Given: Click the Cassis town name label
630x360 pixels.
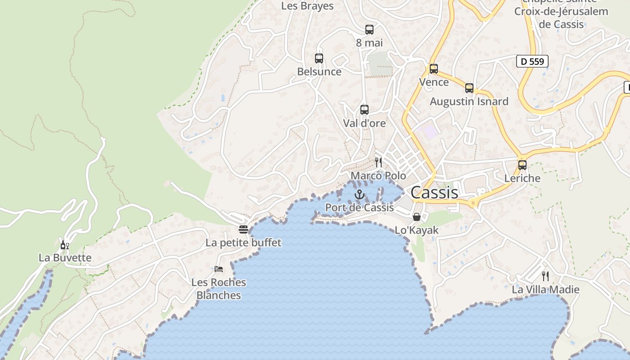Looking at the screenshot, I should click(434, 193).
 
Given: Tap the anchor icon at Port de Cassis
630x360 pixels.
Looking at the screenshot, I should click(359, 194).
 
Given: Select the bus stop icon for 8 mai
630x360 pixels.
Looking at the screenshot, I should click(369, 30).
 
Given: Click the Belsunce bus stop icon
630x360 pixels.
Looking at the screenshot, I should click(319, 58).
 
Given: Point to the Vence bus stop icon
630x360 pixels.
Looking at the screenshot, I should click(434, 69).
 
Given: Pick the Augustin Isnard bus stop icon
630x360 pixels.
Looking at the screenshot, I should click(469, 88).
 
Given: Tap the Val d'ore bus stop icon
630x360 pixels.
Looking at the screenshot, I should click(364, 110).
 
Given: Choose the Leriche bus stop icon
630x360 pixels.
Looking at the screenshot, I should click(522, 165).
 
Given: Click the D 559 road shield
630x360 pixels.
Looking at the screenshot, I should click(532, 62).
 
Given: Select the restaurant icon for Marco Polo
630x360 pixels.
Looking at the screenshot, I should click(378, 162).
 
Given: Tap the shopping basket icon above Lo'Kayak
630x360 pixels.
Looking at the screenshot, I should click(417, 217).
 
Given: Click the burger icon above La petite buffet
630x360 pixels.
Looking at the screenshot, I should click(243, 229).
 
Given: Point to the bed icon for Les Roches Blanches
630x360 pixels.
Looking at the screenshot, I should click(219, 269).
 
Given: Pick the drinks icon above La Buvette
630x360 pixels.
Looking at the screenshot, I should click(65, 245).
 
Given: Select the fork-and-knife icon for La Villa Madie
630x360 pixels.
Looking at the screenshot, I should click(545, 276).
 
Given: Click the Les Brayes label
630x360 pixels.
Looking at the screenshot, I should click(307, 6).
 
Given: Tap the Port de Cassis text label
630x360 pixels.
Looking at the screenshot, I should click(360, 207).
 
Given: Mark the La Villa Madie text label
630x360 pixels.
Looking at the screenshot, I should click(545, 289).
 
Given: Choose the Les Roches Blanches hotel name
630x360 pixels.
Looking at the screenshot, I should click(219, 289).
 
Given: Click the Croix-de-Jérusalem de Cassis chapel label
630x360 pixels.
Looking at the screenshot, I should click(561, 18).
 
